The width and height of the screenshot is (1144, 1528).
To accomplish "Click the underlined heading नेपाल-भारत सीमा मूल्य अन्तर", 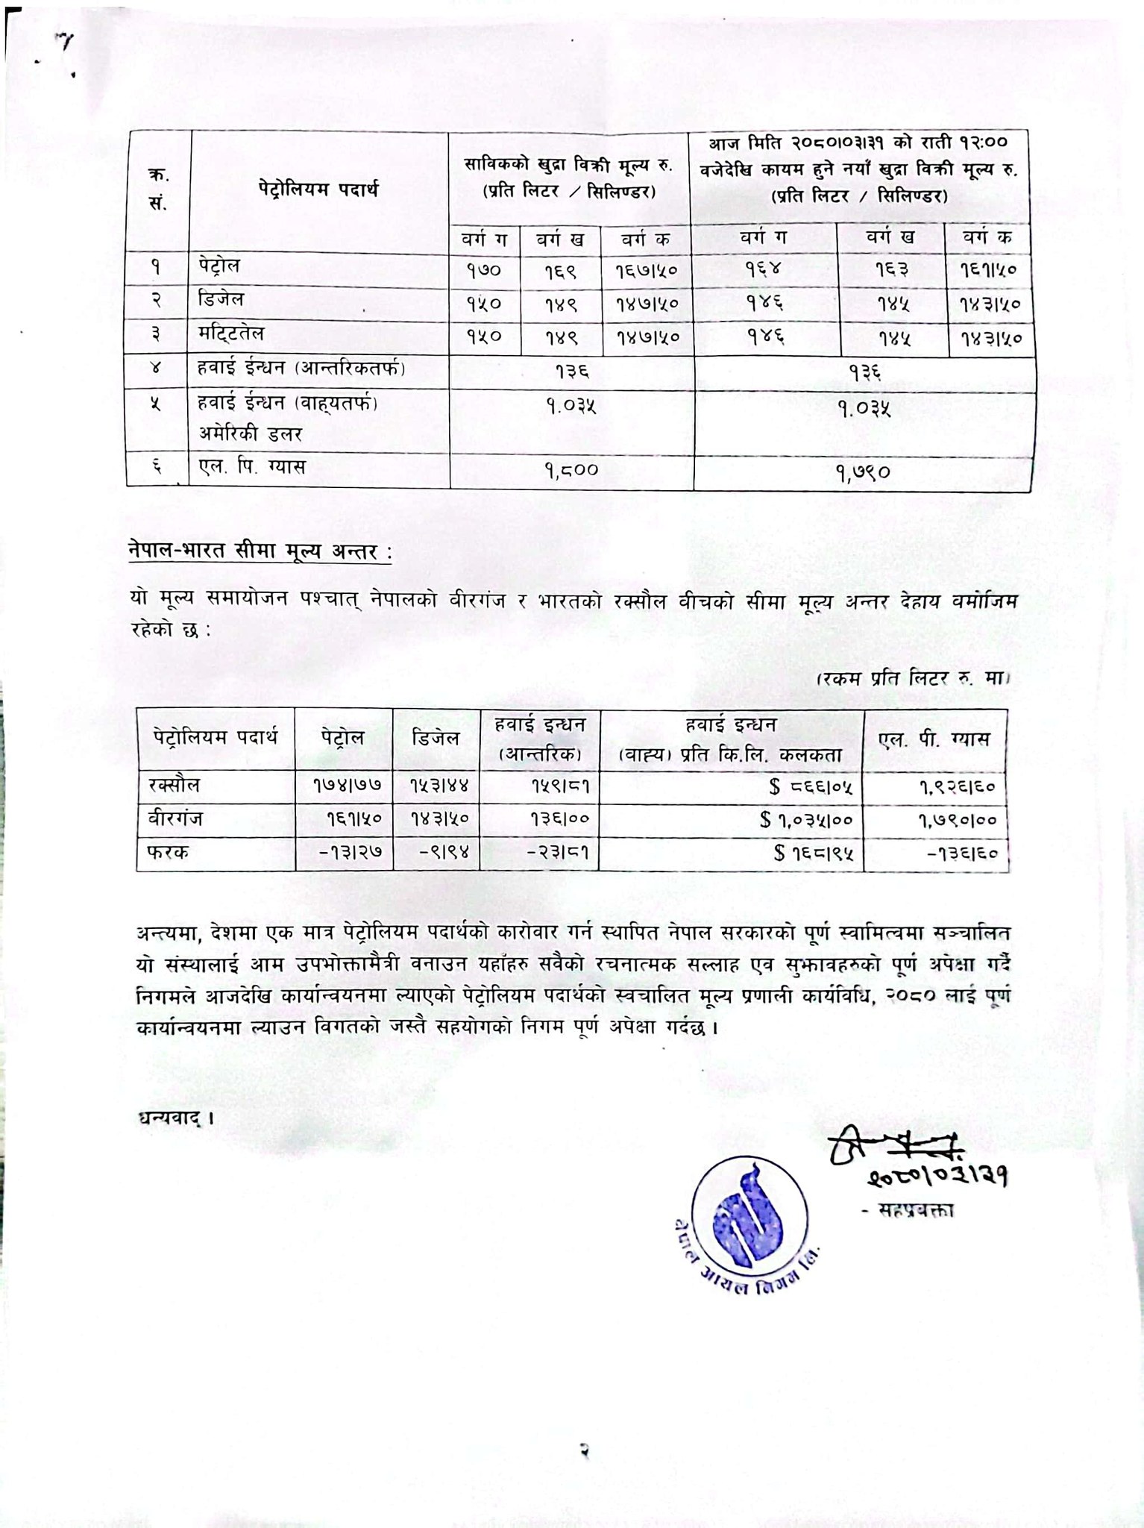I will [259, 554].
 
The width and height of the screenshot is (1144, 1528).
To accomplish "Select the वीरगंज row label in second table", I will [175, 819].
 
